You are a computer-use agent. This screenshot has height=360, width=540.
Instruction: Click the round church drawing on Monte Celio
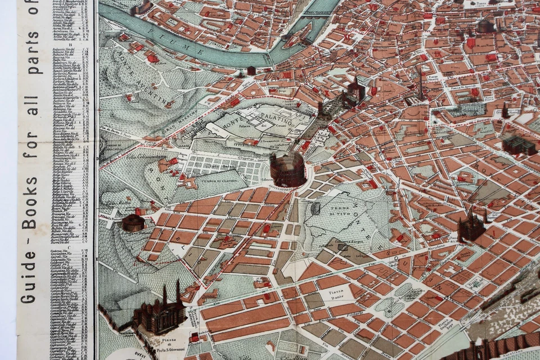[133, 222]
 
